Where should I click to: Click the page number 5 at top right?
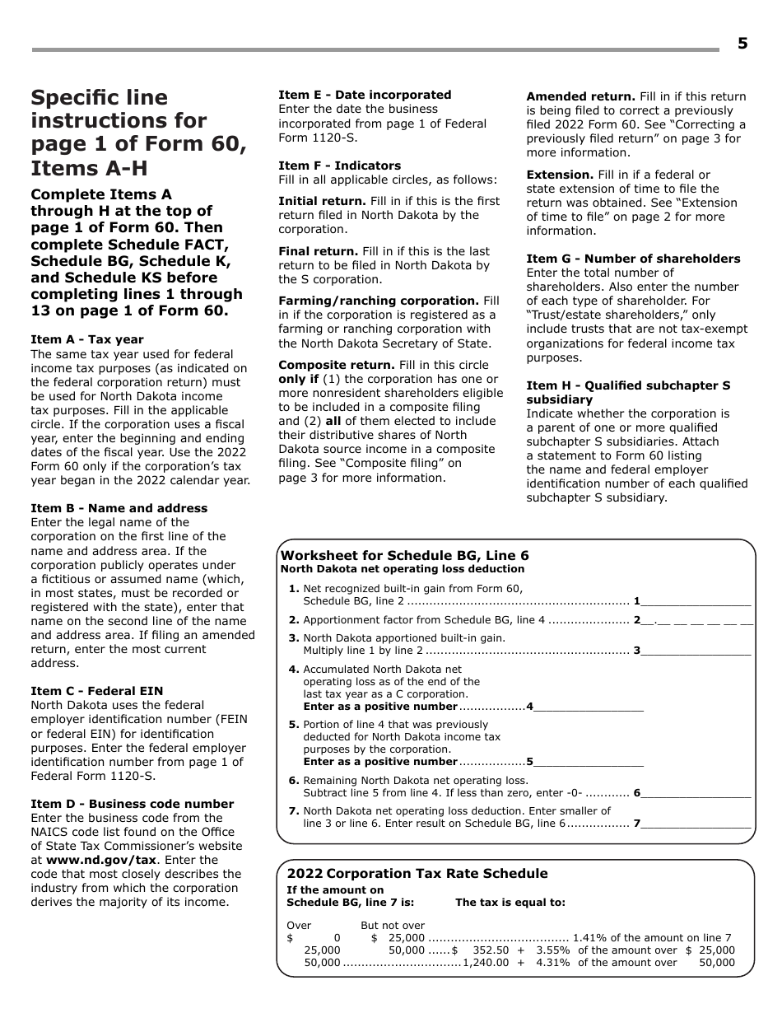pyautogui.click(x=742, y=44)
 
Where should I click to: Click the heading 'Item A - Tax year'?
pyautogui.click(x=87, y=339)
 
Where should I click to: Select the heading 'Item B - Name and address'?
pyautogui.click(x=119, y=508)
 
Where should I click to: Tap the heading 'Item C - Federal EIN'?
pyautogui.click(x=97, y=691)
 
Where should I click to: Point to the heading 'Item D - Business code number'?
pyautogui.click(x=132, y=804)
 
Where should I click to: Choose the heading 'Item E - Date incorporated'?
pyautogui.click(x=365, y=95)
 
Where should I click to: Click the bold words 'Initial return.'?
pyautogui.click(x=322, y=201)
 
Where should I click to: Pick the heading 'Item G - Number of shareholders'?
pyautogui.click(x=633, y=259)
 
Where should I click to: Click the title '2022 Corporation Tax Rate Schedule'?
pyautogui.click(x=417, y=874)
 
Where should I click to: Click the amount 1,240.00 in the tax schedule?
pyautogui.click(x=486, y=962)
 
